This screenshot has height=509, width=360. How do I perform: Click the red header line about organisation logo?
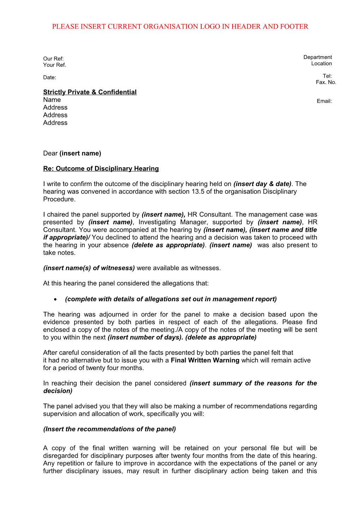[180, 26]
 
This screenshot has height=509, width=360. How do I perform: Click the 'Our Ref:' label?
[53, 59]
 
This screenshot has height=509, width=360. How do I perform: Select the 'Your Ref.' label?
[54, 65]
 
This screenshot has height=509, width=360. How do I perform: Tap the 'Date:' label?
[49, 78]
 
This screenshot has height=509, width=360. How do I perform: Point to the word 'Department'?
[318, 57]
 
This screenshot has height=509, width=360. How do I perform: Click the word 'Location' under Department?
[321, 63]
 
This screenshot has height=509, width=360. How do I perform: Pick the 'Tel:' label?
[327, 76]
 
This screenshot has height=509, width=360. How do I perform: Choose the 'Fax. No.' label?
[326, 82]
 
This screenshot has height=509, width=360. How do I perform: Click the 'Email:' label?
[324, 101]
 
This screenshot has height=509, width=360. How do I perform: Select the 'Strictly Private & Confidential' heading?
[90, 92]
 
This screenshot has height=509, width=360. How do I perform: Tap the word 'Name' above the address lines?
[52, 100]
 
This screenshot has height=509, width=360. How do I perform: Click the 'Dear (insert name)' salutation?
[72, 153]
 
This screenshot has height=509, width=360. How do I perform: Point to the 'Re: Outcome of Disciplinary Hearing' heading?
[101, 169]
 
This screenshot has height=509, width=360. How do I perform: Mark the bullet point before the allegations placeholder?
[56, 299]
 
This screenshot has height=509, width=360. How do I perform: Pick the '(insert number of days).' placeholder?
[145, 337]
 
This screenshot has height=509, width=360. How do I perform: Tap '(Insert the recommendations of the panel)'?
[109, 429]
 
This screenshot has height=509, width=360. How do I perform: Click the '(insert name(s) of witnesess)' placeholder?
[89, 268]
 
